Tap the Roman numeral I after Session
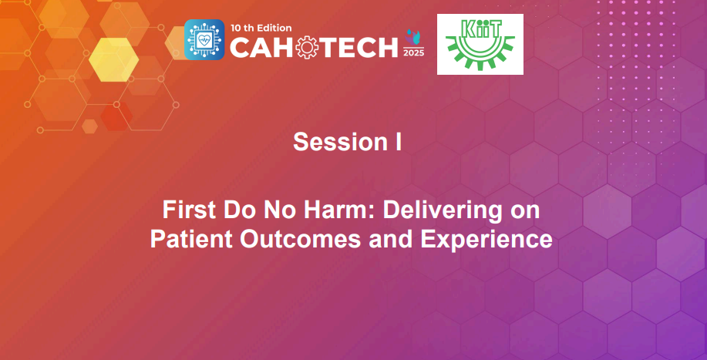[398, 143]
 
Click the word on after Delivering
[526, 210]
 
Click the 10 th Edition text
[261, 26]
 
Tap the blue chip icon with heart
[204, 40]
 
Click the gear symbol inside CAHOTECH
[307, 47]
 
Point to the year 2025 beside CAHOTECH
[414, 52]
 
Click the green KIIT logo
[480, 44]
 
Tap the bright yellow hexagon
[114, 59]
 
